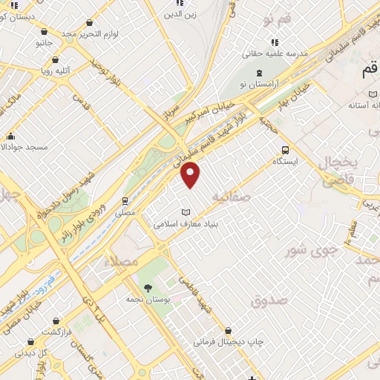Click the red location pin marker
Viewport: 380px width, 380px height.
[x=191, y=174]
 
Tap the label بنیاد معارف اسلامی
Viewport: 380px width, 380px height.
[x=187, y=223]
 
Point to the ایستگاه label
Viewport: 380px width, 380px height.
[x=286, y=160]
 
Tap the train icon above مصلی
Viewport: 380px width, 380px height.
[x=125, y=200]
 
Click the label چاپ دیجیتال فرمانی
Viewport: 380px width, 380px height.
[x=229, y=342]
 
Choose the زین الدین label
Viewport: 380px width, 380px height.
[x=180, y=14]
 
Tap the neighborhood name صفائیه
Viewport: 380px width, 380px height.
[x=231, y=196]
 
